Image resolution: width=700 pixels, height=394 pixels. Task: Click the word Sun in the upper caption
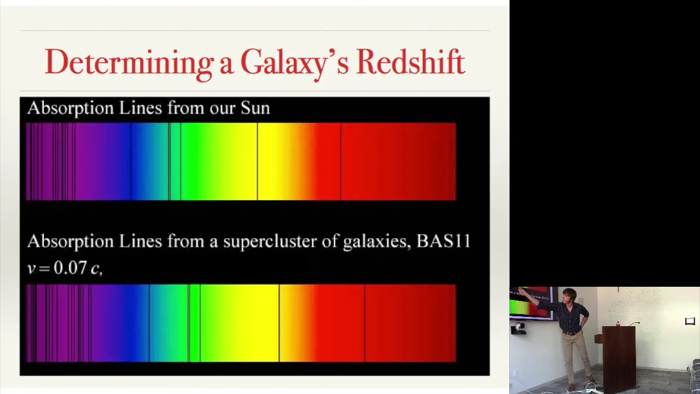(x=255, y=108)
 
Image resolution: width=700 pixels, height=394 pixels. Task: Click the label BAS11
(x=444, y=241)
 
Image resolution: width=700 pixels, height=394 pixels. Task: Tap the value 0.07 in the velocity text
(x=70, y=268)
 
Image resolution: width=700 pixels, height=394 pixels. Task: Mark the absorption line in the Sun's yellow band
(x=258, y=161)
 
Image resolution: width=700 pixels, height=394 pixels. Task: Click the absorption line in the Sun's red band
(x=341, y=161)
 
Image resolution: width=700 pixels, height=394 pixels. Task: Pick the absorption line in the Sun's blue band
(x=131, y=161)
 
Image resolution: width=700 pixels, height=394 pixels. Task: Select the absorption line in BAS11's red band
(x=365, y=323)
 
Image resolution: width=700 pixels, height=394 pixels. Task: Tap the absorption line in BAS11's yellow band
(x=279, y=323)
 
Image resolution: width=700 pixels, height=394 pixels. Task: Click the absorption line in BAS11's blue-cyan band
(x=149, y=323)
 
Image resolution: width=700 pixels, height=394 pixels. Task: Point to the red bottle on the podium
(x=618, y=323)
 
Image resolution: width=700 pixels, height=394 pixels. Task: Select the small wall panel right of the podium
(x=690, y=321)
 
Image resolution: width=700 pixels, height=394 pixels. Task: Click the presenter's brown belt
(x=571, y=333)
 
